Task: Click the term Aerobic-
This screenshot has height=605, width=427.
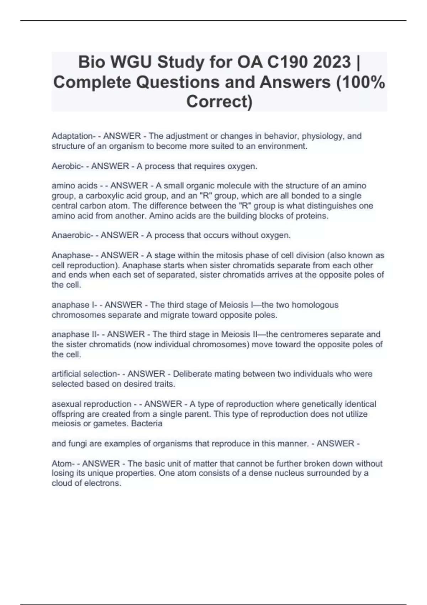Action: (68, 166)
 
